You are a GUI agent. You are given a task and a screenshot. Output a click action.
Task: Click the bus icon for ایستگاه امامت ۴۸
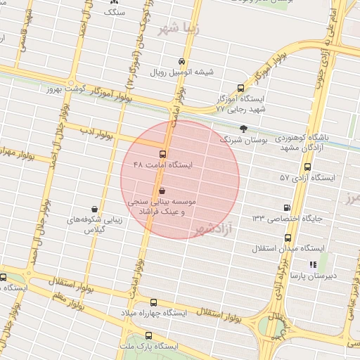pos(163,154)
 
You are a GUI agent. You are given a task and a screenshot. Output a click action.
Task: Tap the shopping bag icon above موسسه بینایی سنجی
pos(163,191)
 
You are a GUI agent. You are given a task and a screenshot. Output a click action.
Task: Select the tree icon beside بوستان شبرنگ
pos(243,128)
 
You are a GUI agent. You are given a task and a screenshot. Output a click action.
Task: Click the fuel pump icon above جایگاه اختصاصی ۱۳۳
pos(286,207)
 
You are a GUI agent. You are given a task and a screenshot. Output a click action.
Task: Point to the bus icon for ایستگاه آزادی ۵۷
pos(307,167)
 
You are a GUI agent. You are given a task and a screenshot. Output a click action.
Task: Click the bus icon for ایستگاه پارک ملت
pos(148,335)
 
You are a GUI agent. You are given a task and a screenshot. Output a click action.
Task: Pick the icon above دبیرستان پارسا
pos(313,264)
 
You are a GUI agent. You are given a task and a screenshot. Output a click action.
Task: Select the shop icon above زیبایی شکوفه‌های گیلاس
pos(94,209)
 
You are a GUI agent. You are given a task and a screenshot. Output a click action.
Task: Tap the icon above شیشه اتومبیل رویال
pos(182,61)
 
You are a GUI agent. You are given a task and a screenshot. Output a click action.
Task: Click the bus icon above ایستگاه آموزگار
pos(240,89)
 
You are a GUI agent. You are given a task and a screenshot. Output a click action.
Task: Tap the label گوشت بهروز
pos(66,89)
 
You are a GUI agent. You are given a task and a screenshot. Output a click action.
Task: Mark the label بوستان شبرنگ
pos(243,141)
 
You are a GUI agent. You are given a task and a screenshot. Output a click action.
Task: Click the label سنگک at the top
pos(115,13)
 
